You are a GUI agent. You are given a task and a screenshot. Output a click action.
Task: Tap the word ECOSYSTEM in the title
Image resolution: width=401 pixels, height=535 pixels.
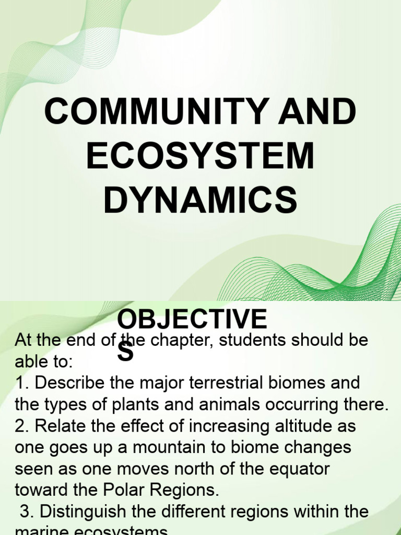click(200, 156)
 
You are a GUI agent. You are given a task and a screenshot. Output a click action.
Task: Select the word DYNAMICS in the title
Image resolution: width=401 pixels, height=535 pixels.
click(200, 200)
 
